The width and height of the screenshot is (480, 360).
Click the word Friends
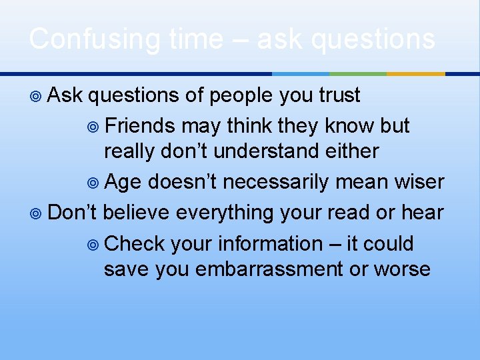click(140, 125)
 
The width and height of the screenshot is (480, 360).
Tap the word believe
click(139, 212)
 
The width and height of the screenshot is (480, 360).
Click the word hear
click(423, 212)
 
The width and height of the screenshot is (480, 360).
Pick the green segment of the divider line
click(358, 73)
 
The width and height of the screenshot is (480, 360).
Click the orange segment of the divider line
click(415, 73)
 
